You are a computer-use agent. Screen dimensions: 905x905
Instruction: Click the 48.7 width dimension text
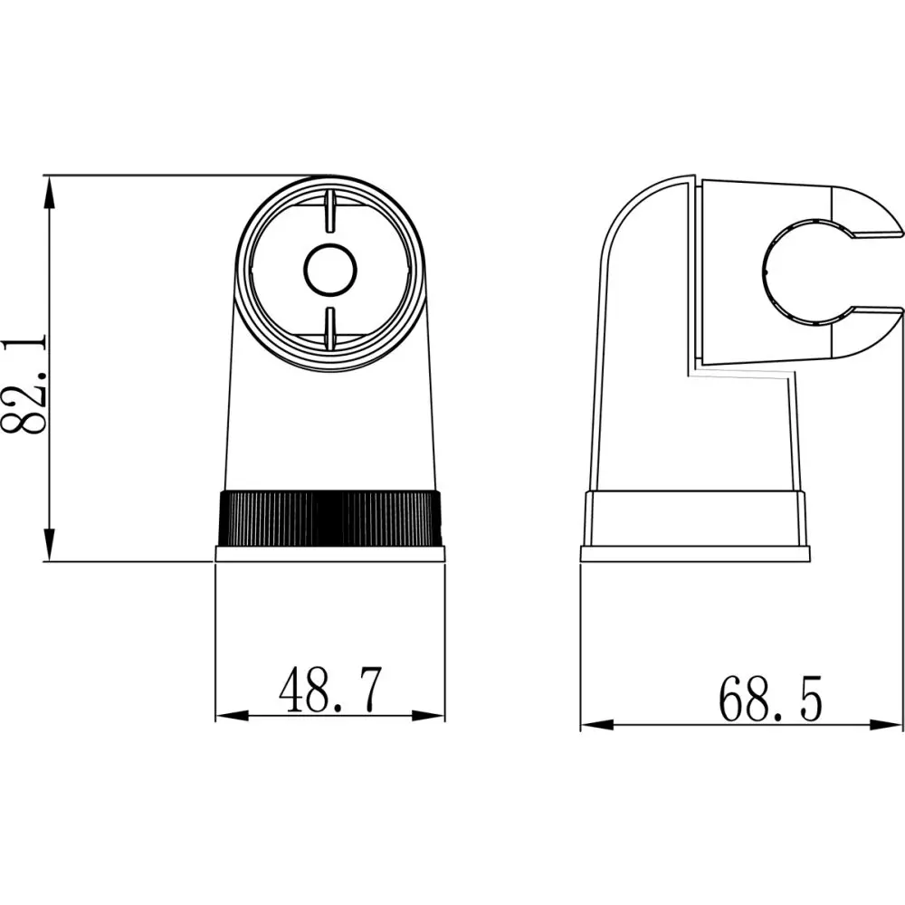[x=330, y=692]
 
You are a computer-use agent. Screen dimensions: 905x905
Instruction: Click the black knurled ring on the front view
[x=330, y=518]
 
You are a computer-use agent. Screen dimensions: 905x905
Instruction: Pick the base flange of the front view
[x=330, y=554]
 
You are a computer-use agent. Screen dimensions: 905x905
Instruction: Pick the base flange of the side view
[x=695, y=554]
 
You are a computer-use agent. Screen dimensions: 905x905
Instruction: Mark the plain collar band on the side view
[x=695, y=518]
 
